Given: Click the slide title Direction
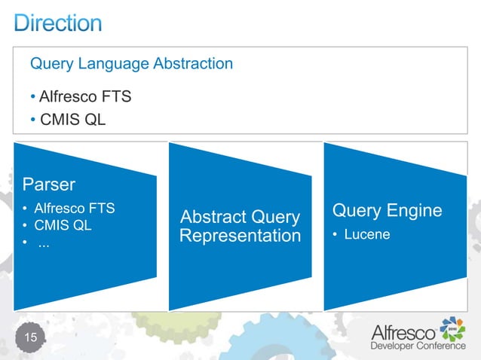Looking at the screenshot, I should point(58,22).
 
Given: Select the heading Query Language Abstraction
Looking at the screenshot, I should point(131,64).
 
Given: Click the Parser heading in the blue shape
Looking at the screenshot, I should point(49,184).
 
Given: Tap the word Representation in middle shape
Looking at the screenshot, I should point(240,236).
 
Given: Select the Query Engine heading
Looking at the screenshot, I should point(387,210).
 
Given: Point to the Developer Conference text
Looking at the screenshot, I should point(417,346).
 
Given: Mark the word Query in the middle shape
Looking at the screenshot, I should point(272,218).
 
